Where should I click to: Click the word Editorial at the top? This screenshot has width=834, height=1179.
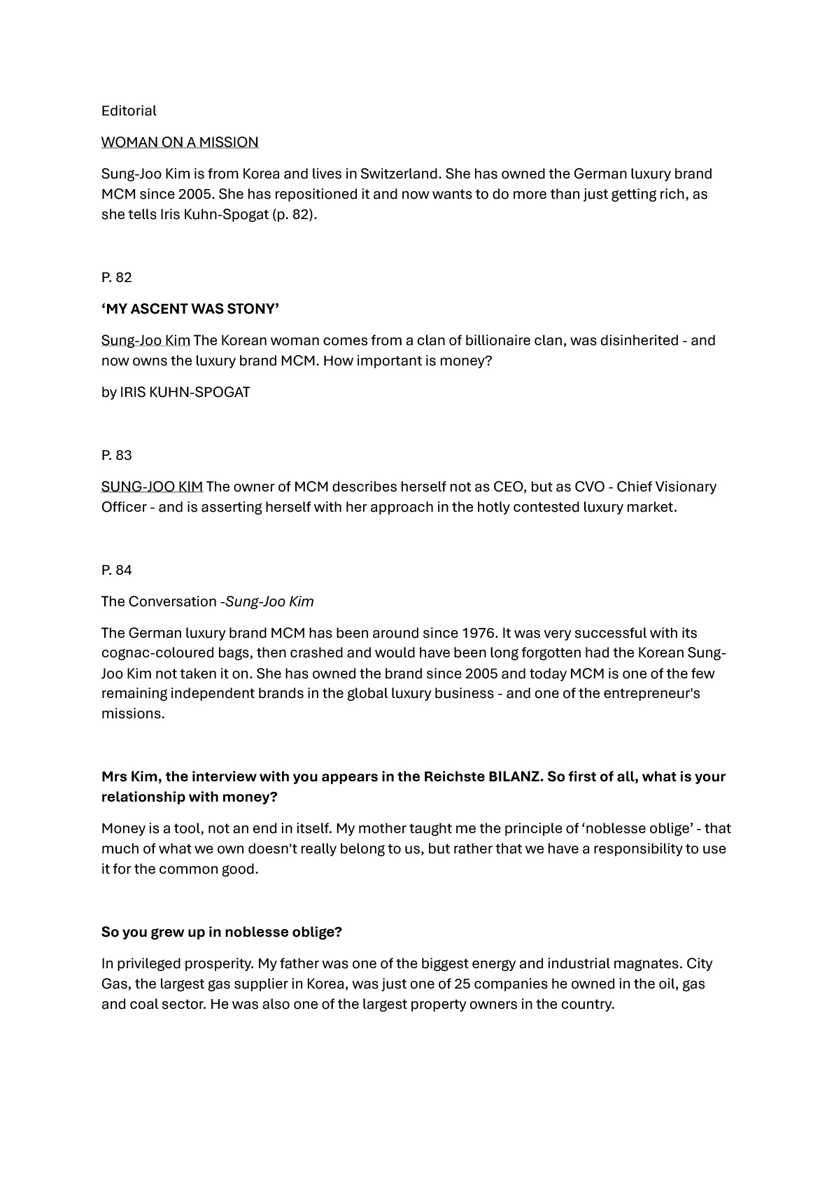coord(129,111)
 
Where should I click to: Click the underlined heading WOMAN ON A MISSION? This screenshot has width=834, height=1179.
coord(180,142)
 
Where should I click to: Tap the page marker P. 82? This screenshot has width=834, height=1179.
coord(117,277)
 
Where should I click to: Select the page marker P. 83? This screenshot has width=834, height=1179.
coord(117,455)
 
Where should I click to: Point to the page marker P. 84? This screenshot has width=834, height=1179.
coord(117,570)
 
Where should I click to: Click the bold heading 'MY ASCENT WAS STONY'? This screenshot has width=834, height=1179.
coord(190,309)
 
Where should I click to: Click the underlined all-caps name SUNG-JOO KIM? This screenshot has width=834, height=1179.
coord(152,487)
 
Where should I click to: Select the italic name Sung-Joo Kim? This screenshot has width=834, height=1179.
coord(269,601)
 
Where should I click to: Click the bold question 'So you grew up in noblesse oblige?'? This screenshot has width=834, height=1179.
coord(222,932)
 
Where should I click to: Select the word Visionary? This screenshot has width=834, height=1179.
coord(676,487)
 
